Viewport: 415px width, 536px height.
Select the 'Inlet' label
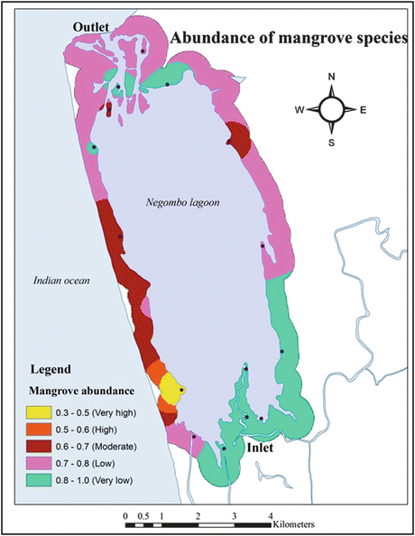(x=261, y=446)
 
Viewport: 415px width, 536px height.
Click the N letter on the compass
(x=332, y=77)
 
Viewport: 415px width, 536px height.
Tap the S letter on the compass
(x=332, y=142)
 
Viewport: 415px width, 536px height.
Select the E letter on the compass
(x=363, y=110)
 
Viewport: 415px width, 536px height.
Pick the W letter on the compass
(x=300, y=110)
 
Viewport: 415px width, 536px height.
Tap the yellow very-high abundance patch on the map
(x=171, y=392)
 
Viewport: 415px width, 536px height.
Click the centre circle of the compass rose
(x=332, y=109)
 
